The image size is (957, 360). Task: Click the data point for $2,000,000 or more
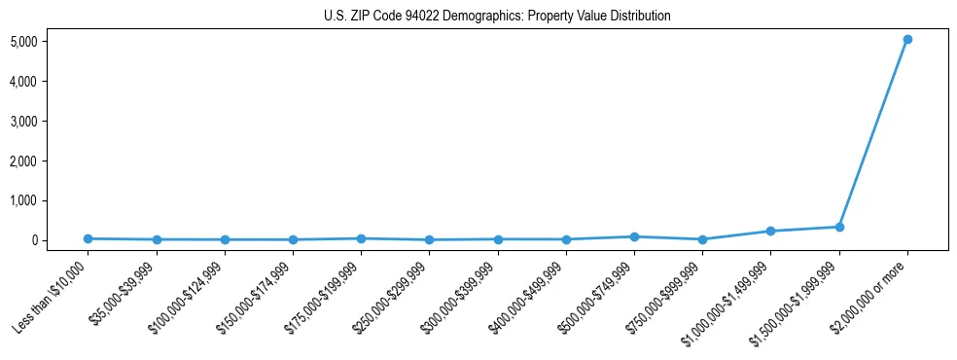906,40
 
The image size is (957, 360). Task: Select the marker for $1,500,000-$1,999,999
838,227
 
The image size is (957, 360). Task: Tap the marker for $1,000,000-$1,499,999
770,232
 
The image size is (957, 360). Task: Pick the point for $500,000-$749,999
634,236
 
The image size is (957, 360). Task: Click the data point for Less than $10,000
89,238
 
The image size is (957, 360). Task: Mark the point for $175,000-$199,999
361,238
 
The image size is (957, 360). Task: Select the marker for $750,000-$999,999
702,239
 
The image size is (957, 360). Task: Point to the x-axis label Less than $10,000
52,296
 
